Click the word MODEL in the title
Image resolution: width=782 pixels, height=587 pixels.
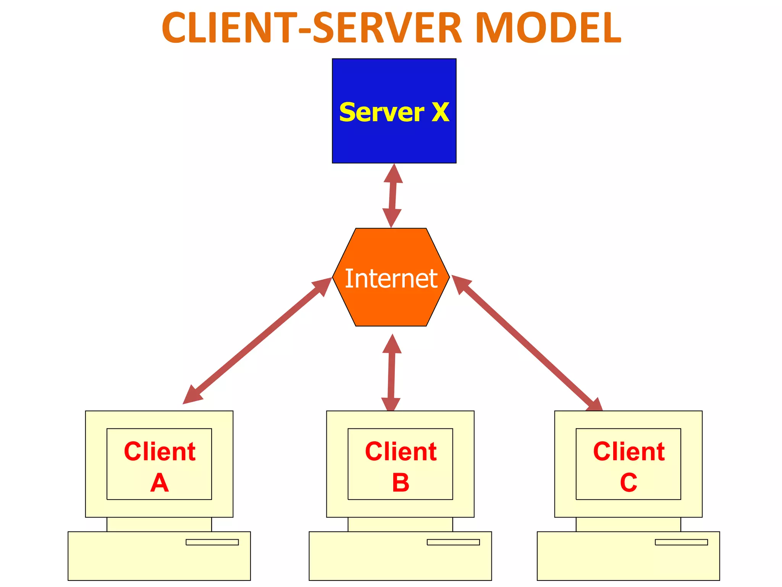pos(549,28)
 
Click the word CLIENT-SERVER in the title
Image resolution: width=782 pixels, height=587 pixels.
pos(312,28)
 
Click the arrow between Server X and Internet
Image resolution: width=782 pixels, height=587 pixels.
pos(392,196)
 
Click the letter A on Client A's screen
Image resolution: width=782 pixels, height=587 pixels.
pos(159,483)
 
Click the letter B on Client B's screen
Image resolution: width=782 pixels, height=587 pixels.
pos(401,483)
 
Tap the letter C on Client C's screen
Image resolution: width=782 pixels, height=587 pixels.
pos(629,483)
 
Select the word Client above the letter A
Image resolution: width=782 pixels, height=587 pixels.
pos(160,451)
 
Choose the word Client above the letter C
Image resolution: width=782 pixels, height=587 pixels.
pos(629,451)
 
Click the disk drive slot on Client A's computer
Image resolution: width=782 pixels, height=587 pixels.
pos(212,542)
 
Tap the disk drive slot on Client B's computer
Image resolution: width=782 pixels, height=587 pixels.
pos(453,542)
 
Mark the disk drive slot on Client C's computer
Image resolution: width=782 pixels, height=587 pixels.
pos(681,542)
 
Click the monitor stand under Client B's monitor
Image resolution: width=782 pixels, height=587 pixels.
pos(400,524)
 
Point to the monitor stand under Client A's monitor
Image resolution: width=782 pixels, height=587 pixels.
pos(159,524)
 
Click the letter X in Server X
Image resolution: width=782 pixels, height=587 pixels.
pos(440,112)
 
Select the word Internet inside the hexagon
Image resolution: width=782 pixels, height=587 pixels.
pos(391,279)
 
